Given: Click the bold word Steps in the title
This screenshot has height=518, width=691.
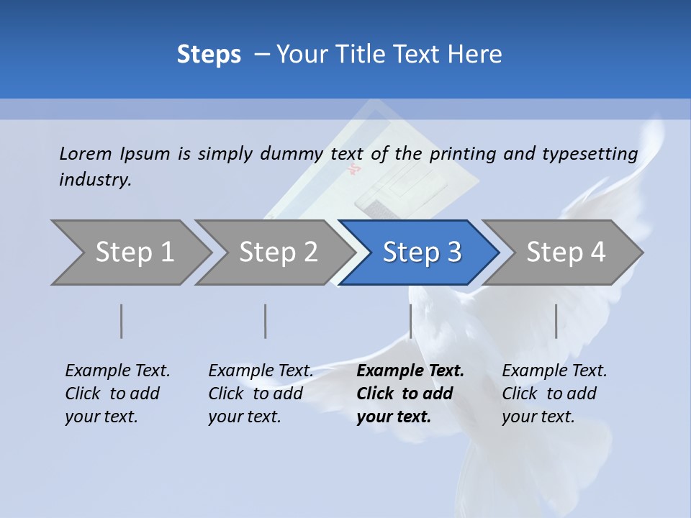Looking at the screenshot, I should (x=209, y=55).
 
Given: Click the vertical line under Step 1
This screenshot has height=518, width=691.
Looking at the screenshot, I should (x=122, y=321).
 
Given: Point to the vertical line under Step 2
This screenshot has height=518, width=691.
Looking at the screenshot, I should (x=266, y=321).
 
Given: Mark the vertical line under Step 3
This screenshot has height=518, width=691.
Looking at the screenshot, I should (x=410, y=321).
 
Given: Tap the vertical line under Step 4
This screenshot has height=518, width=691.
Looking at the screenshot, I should (x=556, y=321).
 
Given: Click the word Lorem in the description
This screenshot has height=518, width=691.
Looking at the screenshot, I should (x=86, y=153).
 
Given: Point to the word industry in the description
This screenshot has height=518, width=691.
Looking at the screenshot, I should (x=95, y=180).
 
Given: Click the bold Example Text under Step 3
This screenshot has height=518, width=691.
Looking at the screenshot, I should (x=410, y=371).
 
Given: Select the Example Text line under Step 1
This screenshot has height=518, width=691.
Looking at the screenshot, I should (x=117, y=371).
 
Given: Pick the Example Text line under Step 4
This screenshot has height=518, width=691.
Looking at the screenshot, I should (x=554, y=371).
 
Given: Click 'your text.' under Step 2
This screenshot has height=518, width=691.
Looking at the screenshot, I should (x=244, y=417).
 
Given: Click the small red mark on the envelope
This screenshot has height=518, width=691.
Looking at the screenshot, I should (x=353, y=170).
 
